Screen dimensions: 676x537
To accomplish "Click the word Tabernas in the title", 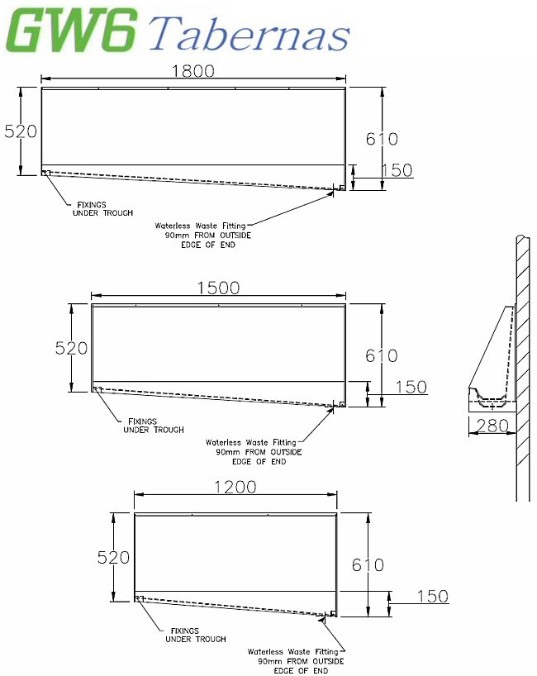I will [250, 35].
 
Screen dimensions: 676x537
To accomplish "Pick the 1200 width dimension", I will [235, 487].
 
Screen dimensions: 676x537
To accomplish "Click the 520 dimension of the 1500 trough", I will [72, 348].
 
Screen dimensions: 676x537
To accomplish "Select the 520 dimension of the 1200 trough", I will [114, 558].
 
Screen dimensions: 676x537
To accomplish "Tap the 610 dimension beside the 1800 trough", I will [382, 139].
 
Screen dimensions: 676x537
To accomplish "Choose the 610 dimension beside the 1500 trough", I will [382, 355].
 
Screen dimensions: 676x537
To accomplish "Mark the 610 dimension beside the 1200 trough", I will [368, 565].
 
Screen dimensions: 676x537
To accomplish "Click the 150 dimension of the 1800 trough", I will [397, 170].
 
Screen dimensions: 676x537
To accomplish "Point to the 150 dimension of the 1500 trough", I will [411, 387].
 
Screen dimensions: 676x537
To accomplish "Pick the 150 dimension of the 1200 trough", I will [432, 597].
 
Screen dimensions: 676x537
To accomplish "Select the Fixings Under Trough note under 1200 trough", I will [196, 635].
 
